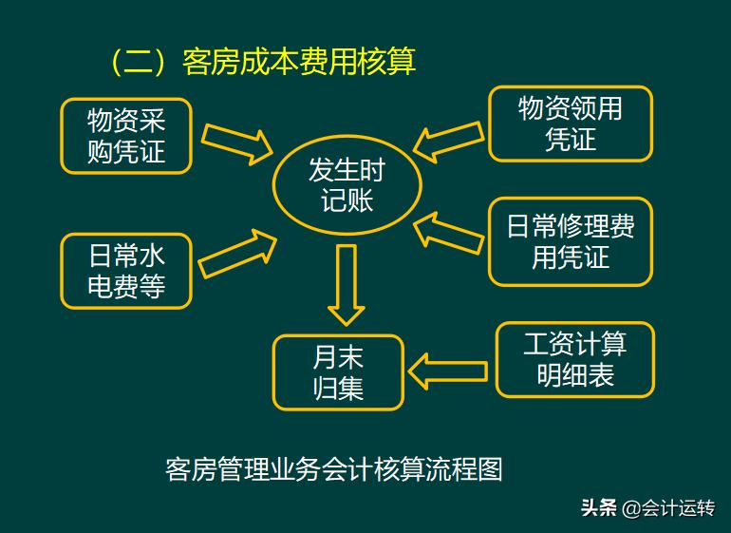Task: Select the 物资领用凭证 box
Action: click(570, 124)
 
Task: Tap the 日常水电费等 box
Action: click(126, 271)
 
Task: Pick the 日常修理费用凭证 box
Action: click(570, 241)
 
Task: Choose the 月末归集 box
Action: click(338, 372)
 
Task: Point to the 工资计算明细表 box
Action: click(574, 359)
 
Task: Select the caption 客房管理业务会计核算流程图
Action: click(333, 469)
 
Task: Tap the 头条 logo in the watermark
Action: click(599, 507)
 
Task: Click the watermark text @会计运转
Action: click(668, 507)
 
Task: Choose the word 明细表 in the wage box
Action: click(575, 375)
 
